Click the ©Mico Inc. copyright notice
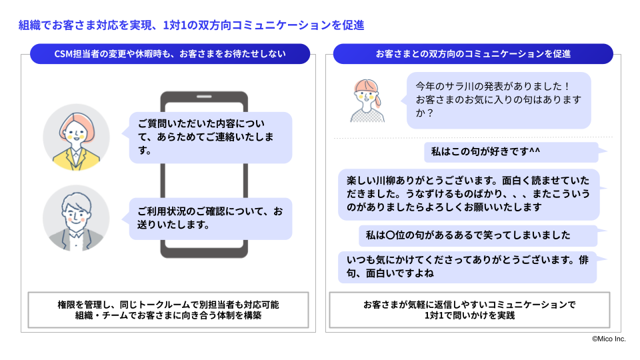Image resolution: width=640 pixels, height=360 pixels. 609,339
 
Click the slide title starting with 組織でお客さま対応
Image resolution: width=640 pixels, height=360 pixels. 191,25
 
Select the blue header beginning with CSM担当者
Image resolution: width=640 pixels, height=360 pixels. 170,53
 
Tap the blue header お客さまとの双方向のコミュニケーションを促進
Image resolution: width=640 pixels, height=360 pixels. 473,53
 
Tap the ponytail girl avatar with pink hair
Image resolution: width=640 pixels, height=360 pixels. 368,99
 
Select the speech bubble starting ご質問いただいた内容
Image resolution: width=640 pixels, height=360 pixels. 210,137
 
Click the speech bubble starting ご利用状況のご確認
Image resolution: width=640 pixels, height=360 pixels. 210,218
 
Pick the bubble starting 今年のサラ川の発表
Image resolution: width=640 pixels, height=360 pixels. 499,100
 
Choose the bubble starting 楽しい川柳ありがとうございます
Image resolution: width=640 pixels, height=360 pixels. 468,193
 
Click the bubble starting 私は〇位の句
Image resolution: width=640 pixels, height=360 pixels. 477,235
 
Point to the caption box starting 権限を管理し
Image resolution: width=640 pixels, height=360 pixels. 168,310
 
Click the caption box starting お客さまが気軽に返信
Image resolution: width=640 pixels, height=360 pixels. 469,310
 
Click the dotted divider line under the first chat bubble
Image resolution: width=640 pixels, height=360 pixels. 473,138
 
